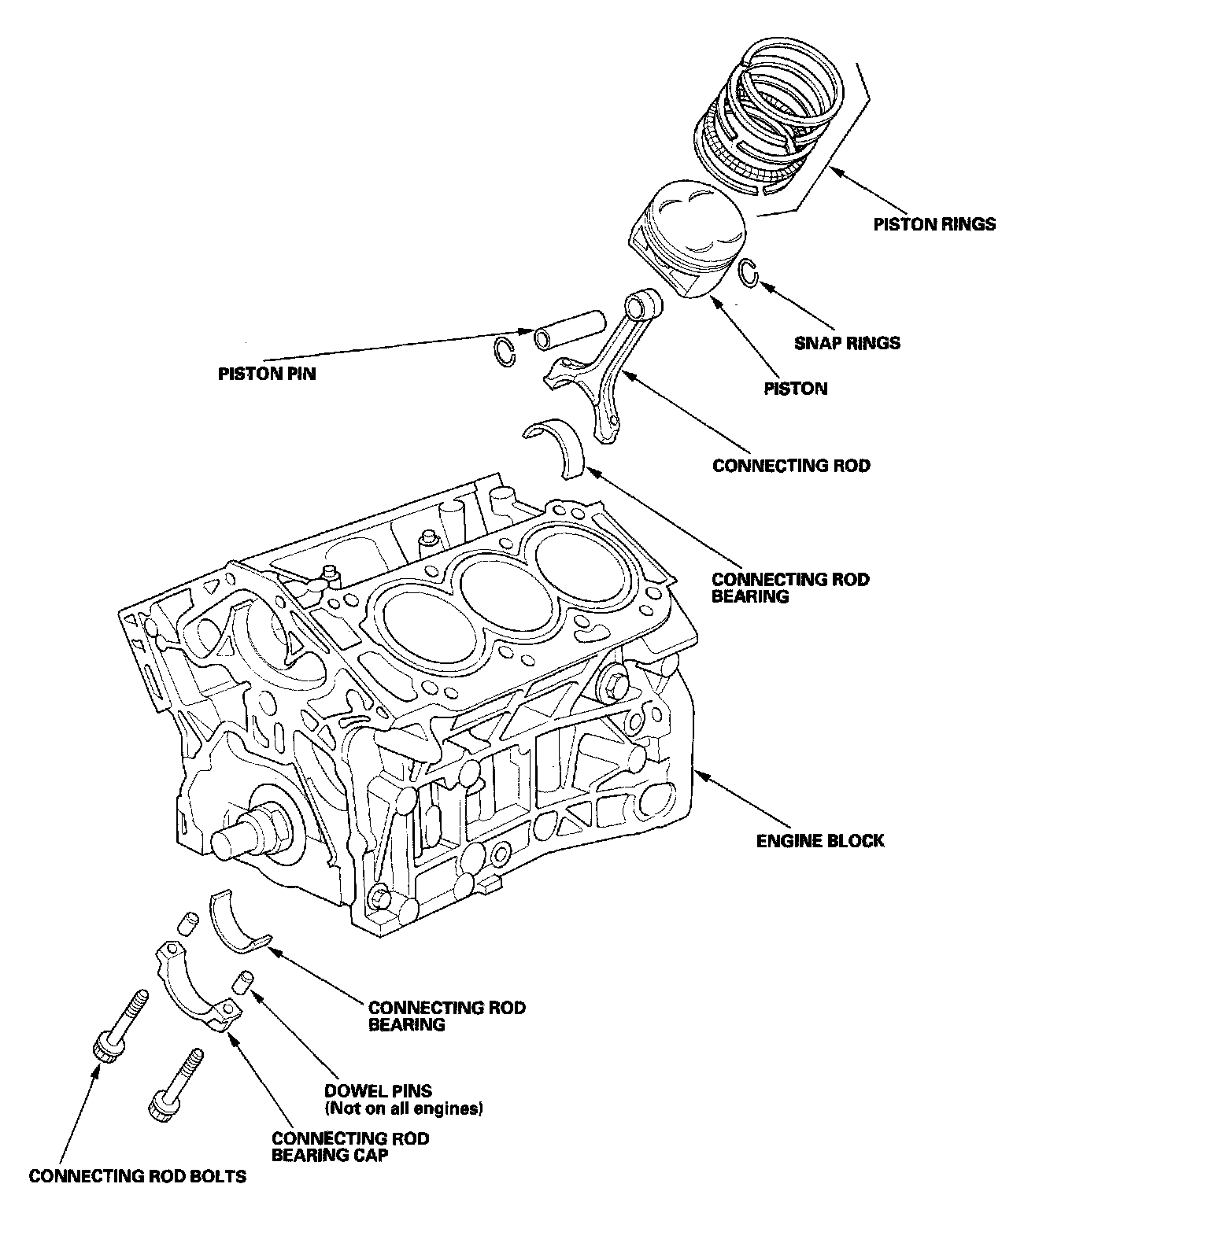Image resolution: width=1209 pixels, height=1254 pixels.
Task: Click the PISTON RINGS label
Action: point(934,224)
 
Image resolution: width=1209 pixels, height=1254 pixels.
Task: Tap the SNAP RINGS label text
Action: point(847,343)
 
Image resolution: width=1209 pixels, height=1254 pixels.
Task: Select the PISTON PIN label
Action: point(267,374)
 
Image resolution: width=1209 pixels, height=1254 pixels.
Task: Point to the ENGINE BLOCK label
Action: point(820,841)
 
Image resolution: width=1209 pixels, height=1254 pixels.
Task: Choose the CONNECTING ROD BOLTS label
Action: point(138,1176)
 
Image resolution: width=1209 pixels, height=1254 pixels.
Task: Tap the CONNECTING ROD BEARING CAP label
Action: point(350,1147)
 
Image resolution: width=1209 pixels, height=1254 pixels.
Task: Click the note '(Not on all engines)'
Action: point(403,1109)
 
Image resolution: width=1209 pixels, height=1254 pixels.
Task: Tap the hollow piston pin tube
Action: point(569,329)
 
